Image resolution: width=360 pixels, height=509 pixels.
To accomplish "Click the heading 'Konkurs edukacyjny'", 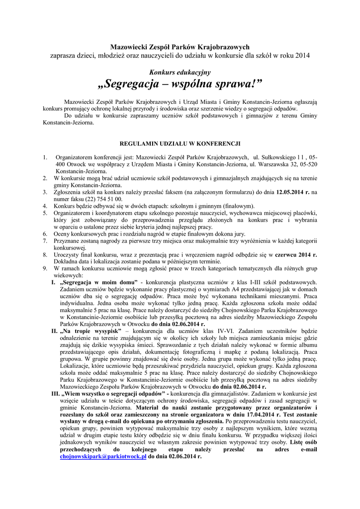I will pos(180,72).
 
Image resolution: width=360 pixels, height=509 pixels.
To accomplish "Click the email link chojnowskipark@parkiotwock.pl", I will pos(103,456).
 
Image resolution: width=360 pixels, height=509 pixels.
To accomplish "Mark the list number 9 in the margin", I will pos(45,268).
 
